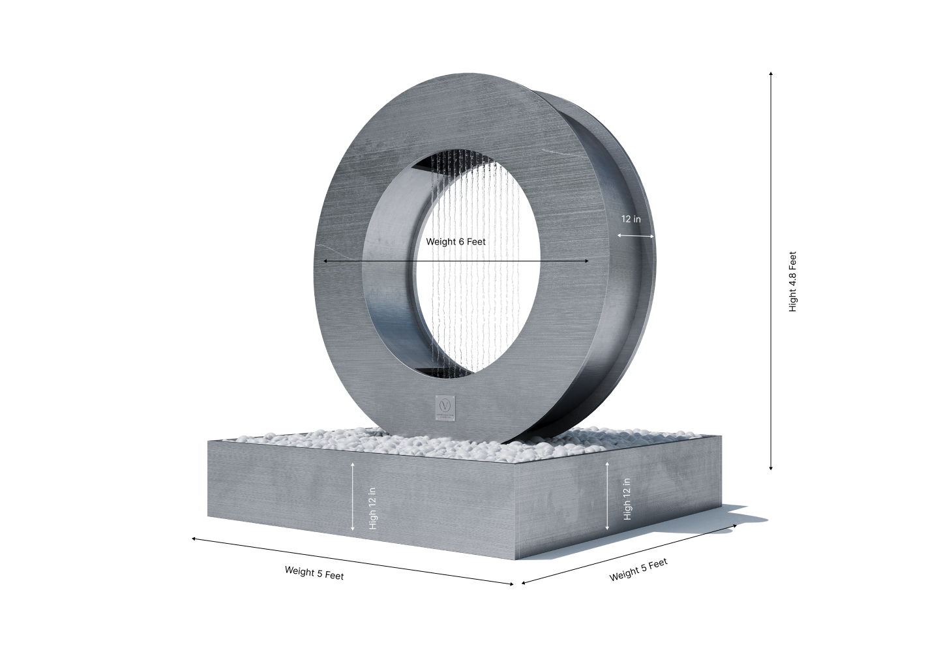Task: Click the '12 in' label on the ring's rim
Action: tap(631, 220)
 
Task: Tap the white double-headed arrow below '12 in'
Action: tap(636, 236)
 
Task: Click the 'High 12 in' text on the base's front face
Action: tap(372, 496)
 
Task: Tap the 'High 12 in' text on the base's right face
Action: tap(627, 498)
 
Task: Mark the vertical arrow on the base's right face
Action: tap(608, 495)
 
